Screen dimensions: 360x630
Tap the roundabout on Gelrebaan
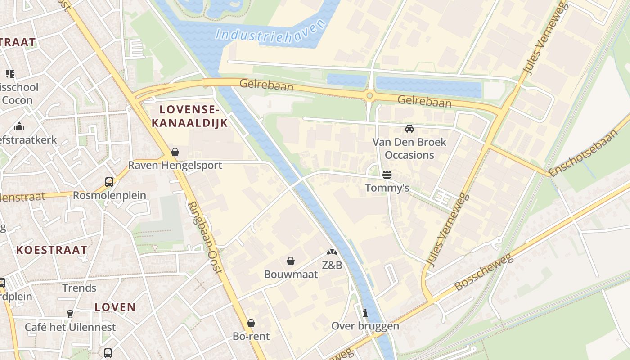[370, 95]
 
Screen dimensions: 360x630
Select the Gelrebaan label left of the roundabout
[266, 85]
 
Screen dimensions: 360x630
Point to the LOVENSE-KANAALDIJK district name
[189, 116]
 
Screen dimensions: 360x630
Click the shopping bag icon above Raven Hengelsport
[175, 153]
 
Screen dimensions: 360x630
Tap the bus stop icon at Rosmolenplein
[109, 182]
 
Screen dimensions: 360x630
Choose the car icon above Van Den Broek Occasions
[409, 129]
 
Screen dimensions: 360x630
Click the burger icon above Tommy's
[387, 174]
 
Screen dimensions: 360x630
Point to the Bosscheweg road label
[484, 272]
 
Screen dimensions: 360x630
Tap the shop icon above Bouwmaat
[291, 261]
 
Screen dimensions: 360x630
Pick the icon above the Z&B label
[332, 253]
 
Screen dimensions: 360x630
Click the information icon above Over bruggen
[365, 313]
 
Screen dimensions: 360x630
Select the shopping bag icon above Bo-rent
[251, 323]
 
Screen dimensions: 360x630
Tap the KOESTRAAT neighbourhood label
[52, 250]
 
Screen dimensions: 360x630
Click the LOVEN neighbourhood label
[115, 307]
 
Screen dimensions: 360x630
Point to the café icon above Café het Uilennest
[70, 314]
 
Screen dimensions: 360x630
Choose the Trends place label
[79, 288]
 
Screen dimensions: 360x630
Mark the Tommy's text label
[387, 188]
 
